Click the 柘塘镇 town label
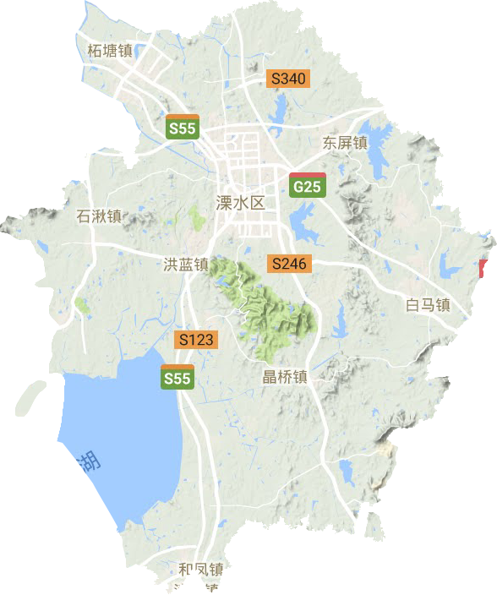tap(110, 51)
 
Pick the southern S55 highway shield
tap(177, 377)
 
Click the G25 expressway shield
tap(306, 186)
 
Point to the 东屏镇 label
tap(344, 143)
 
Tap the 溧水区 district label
tap(240, 203)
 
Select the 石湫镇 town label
tap(100, 216)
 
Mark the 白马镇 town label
tap(427, 305)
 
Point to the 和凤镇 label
tap(201, 570)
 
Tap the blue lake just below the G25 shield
tap(301, 221)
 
